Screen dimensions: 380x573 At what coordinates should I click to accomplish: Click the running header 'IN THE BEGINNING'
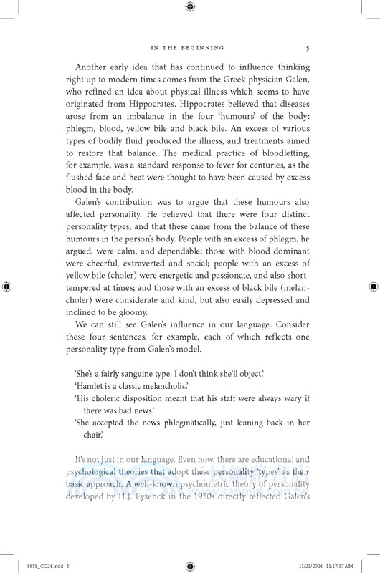tap(190, 49)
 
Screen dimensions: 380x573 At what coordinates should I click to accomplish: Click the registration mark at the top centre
tap(190, 7)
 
